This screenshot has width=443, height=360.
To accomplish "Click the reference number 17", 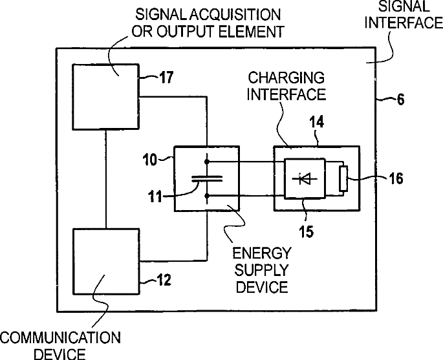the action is click(x=166, y=77).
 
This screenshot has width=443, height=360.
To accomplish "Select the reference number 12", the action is click(x=164, y=280).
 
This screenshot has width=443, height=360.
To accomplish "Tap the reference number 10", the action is click(x=150, y=160).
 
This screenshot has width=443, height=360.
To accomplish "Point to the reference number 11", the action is click(x=155, y=196).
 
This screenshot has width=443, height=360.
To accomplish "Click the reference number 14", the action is click(x=316, y=122).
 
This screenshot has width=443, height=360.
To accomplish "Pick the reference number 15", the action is click(x=307, y=231).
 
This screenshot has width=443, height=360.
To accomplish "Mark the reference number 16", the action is click(x=396, y=178).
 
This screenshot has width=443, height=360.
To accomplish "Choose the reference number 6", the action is click(x=400, y=100).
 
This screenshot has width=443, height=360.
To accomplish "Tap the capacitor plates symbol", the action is click(x=207, y=178).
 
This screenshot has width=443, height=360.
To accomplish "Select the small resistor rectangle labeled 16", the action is click(x=343, y=179).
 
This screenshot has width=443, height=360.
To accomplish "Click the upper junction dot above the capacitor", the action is click(x=207, y=162).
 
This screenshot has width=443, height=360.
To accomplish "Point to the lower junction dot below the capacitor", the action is click(x=207, y=195).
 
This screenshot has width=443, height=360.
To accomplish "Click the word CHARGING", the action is click(x=286, y=78).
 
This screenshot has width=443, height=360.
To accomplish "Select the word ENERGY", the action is click(x=262, y=253).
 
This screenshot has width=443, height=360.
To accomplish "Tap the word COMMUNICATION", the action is click(x=60, y=337).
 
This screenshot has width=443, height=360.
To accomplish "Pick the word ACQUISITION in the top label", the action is click(x=235, y=15).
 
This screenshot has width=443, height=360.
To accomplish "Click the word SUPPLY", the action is click(x=261, y=270).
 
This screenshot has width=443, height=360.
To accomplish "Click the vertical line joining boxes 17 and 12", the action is click(x=106, y=179).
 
